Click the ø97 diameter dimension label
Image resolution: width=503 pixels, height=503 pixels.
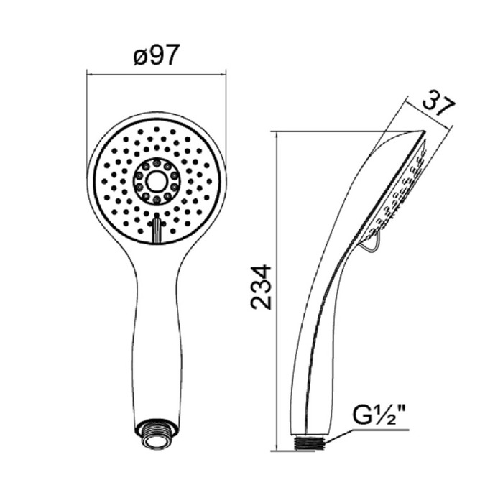pos(156,55)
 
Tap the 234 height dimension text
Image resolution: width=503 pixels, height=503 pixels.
pos(262,287)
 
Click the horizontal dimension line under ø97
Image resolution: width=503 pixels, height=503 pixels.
pos(156,71)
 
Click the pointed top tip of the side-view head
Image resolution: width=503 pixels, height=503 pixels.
pos(420,131)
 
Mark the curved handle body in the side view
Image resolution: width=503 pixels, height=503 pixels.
pos(316,323)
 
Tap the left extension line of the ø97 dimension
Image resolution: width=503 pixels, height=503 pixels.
pos(86,108)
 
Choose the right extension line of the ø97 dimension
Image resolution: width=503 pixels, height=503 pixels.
pos(226,108)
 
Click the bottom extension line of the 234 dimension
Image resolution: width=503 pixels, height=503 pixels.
pos(287,451)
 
